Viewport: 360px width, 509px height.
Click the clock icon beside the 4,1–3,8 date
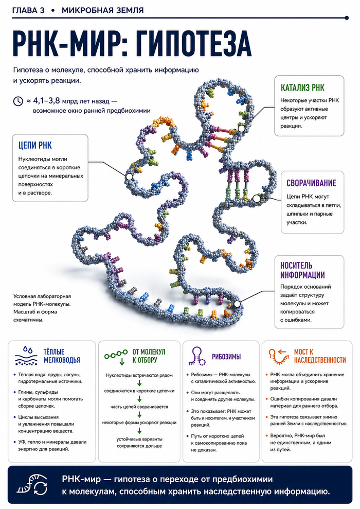click(18, 101)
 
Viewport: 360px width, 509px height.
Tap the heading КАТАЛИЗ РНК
click(302, 87)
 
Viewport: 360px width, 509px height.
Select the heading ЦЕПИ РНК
click(35, 145)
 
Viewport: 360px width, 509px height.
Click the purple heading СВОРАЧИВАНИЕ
click(311, 183)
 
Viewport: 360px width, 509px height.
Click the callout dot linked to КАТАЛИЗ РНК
click(241, 129)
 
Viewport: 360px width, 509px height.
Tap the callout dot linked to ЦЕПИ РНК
click(129, 177)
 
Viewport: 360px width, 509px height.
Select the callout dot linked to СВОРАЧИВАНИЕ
click(257, 198)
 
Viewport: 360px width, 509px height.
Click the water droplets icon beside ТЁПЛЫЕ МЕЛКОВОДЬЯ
click(26, 356)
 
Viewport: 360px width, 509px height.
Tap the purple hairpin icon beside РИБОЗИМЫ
click(197, 356)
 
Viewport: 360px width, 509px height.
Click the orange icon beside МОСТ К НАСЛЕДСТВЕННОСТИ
click(279, 356)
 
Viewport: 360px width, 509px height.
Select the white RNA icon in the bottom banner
click(32, 485)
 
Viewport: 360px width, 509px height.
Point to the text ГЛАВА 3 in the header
click(28, 10)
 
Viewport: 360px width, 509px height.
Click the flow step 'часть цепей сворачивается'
click(139, 407)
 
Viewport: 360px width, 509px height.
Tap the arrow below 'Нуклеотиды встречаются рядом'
click(139, 383)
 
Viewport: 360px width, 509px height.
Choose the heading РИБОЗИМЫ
click(226, 357)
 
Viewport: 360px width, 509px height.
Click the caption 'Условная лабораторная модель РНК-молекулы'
click(42, 300)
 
